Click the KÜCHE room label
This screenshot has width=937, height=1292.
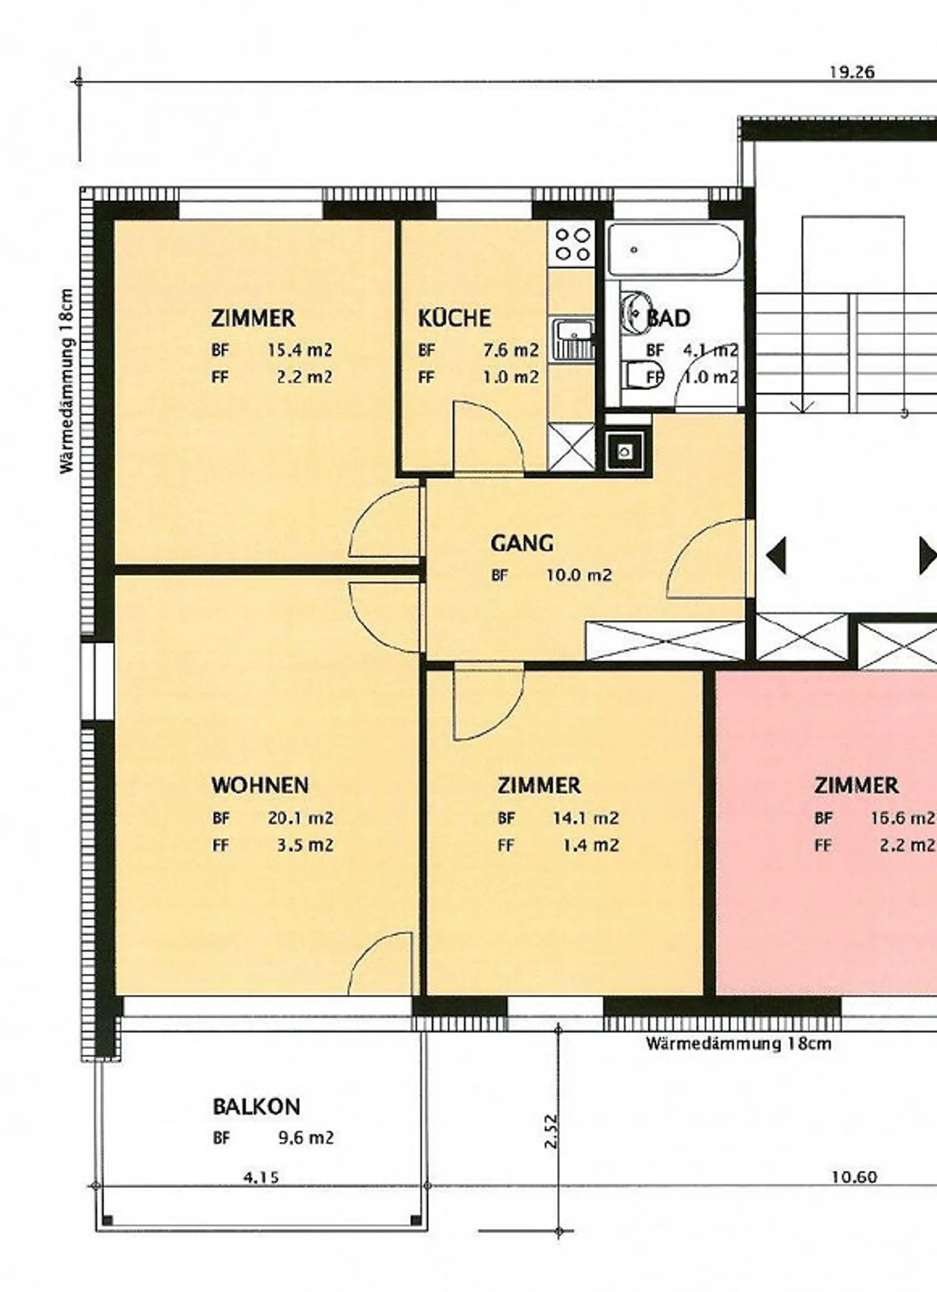[454, 318]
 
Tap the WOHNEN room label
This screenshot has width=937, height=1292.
[260, 785]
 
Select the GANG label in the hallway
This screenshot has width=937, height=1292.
[522, 543]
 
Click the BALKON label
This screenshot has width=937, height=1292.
[256, 1107]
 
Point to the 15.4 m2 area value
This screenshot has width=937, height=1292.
[299, 350]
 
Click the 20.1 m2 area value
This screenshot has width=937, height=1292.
[300, 818]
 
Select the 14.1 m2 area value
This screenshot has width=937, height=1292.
[585, 818]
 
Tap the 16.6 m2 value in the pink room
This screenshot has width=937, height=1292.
[902, 818]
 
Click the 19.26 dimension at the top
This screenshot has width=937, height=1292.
[851, 72]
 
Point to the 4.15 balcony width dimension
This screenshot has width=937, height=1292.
[261, 1177]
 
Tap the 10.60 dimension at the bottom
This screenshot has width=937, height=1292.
[854, 1177]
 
